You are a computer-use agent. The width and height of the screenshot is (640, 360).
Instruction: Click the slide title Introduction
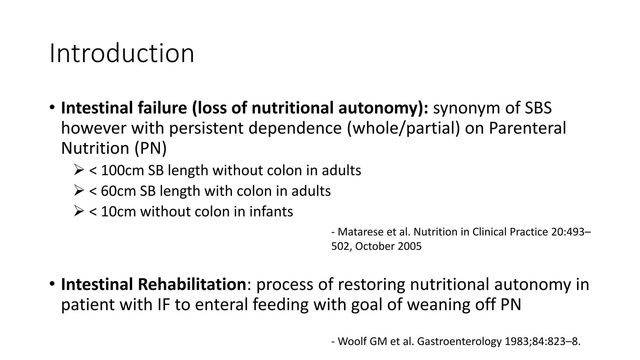[122, 53]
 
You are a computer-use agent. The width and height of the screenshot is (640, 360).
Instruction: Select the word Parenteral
[527, 128]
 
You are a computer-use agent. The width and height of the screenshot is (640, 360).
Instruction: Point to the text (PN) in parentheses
[151, 148]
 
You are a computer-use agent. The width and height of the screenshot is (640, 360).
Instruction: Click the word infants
[271, 212]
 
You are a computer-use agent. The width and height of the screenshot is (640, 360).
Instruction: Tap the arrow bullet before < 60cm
[79, 191]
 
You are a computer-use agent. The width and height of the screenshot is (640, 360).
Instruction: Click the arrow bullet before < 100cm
[79, 170]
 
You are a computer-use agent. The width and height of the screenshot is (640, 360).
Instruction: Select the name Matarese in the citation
[361, 232]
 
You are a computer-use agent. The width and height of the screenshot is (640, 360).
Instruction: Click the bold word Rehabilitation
[192, 284]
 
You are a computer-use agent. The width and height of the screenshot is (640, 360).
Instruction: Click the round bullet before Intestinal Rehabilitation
[52, 284]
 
